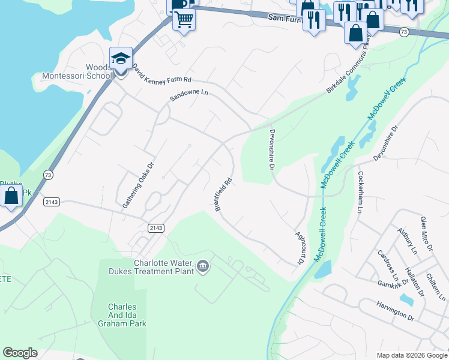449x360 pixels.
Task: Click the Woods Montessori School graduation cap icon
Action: pos(121,58)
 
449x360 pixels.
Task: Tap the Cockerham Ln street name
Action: pos(361,192)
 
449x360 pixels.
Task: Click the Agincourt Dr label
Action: pos(300,248)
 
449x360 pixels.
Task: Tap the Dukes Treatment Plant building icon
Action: pos(203,266)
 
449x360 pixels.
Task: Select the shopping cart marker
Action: pos(184,20)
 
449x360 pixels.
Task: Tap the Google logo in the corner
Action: pos(20,353)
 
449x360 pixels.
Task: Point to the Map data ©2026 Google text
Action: pos(411,355)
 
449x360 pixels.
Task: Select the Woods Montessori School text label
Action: pos(76,71)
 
